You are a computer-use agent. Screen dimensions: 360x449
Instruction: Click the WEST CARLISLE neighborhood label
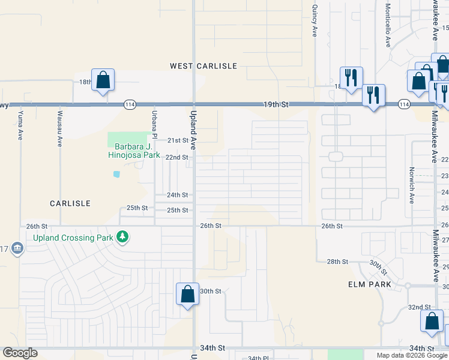click(203, 66)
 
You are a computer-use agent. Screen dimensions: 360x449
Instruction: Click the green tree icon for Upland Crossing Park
click(122, 238)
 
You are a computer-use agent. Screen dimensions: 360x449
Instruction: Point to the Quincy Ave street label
click(314, 22)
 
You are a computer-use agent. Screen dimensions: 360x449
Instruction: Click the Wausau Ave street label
click(60, 128)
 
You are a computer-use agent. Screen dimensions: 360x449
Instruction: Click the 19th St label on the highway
click(276, 104)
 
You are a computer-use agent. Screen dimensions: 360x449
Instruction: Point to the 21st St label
click(177, 140)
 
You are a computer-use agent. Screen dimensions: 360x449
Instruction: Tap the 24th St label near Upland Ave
click(177, 195)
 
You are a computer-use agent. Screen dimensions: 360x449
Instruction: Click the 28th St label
click(337, 262)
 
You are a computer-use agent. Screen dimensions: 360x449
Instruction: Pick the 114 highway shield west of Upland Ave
click(129, 104)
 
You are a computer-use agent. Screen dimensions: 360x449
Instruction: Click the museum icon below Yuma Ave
click(17, 248)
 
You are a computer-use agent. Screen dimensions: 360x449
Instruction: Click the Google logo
click(20, 353)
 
